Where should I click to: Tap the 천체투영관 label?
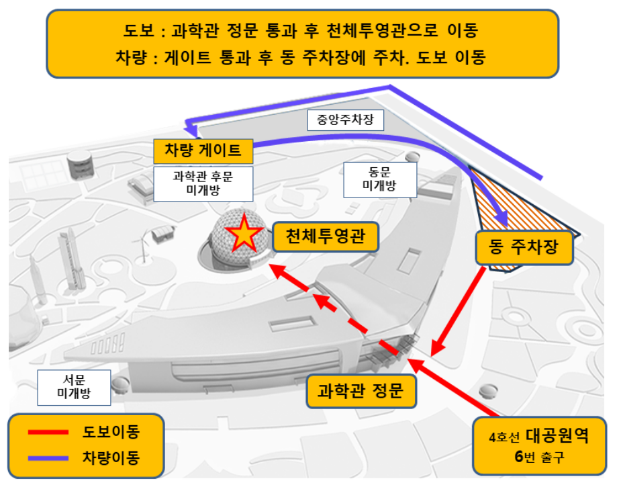[x=326, y=236]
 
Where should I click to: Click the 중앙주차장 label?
[x=346, y=120]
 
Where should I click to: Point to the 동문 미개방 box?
[x=379, y=179]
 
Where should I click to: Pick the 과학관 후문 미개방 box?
[x=203, y=183]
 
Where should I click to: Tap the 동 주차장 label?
[x=526, y=248]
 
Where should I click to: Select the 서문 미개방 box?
[x=73, y=387]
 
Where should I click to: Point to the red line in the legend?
[x=48, y=432]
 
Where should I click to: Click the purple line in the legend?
[x=48, y=458]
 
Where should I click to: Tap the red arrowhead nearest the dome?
[x=275, y=269]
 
